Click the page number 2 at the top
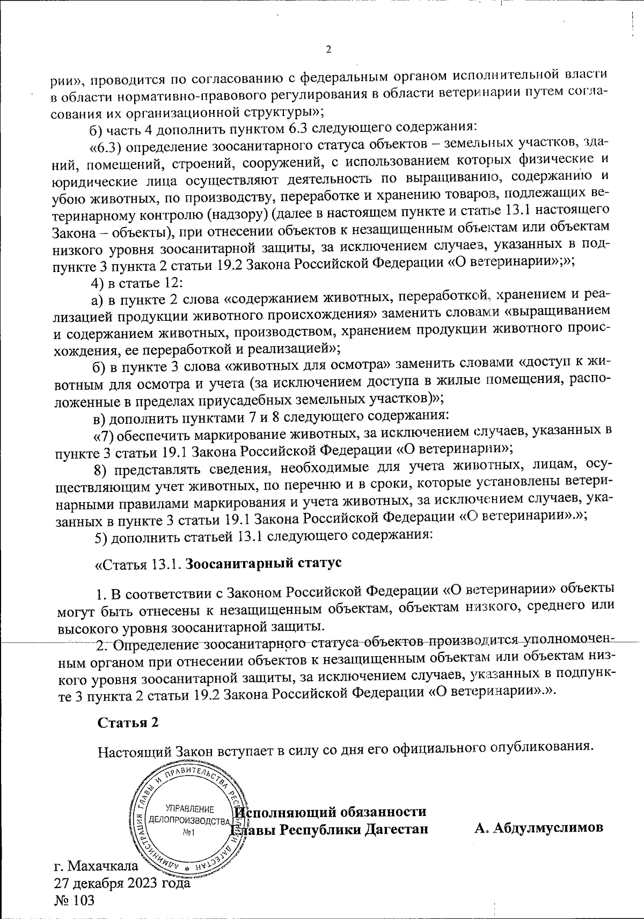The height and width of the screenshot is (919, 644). click(328, 50)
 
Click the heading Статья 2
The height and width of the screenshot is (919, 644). click(128, 722)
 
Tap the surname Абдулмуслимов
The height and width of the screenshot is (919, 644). click(539, 812)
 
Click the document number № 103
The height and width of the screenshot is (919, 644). click(75, 900)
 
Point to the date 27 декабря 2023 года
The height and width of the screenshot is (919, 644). click(122, 883)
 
